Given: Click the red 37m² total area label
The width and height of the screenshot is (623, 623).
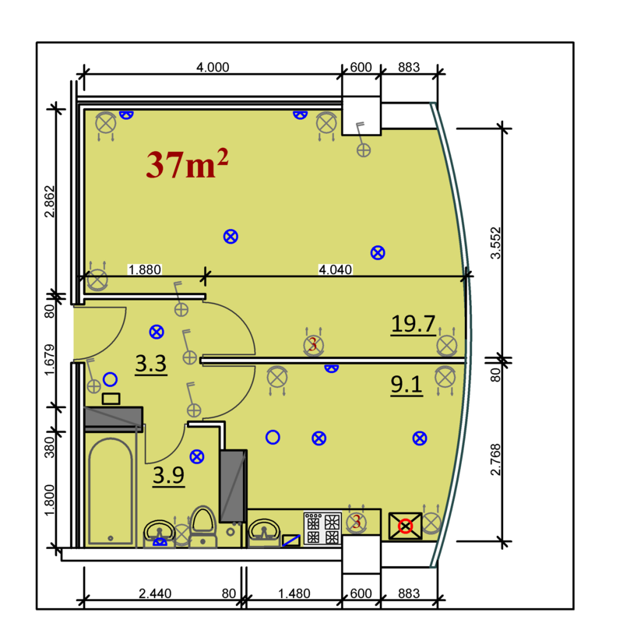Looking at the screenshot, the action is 187,164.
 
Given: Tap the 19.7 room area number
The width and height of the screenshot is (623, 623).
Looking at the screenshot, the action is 414,323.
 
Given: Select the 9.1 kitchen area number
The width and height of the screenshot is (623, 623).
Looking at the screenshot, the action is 406,384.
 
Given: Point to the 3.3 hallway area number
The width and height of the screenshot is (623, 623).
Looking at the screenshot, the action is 150,363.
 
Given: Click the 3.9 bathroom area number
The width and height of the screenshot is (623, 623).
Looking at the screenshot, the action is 168,475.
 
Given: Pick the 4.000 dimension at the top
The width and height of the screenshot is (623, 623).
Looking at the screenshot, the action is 213,67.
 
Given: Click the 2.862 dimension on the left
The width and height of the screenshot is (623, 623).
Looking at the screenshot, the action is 50,202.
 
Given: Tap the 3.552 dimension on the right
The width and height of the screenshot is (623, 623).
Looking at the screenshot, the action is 495,243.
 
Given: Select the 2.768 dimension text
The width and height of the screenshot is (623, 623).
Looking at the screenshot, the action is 495,459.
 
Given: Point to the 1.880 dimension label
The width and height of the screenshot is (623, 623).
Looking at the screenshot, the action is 145,269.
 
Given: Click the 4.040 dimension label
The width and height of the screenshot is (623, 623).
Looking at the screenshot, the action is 336,269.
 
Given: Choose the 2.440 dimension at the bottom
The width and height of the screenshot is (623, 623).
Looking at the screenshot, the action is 155,593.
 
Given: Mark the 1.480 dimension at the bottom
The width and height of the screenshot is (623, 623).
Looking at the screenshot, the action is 294,593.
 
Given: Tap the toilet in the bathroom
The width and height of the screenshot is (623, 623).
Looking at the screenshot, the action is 203,527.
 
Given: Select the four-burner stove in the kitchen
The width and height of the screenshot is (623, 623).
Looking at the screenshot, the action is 322,528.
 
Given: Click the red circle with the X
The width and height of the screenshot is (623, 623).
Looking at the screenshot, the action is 405,526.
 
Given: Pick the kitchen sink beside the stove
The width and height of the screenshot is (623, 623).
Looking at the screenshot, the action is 264,533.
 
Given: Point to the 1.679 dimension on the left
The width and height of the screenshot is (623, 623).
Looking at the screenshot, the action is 50,360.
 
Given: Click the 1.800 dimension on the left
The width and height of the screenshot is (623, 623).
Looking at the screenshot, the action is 50,500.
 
